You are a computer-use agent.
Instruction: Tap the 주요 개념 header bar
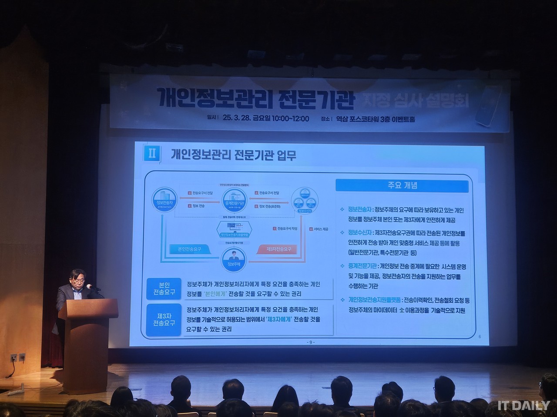(403, 185)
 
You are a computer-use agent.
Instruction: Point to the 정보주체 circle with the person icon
(234, 258)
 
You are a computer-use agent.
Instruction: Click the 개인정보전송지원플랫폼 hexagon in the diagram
(234, 228)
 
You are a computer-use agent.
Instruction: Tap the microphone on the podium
(89, 287)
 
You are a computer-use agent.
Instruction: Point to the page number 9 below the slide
(310, 342)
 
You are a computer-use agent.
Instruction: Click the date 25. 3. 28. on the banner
(238, 119)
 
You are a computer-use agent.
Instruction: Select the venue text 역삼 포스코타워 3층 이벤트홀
(379, 119)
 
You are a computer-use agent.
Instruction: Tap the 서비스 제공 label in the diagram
(321, 229)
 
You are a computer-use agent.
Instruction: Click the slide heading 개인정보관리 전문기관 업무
(234, 155)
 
